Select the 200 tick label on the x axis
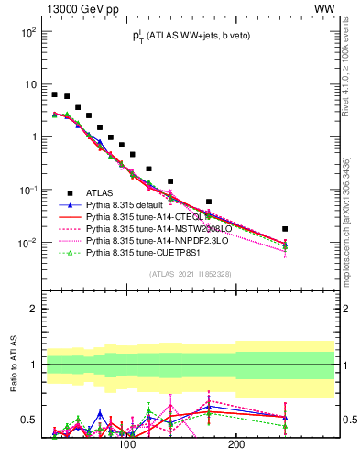[235, 444]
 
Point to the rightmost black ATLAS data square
[285, 229]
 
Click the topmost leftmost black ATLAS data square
[55, 94]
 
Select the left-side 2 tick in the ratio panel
[32, 309]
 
